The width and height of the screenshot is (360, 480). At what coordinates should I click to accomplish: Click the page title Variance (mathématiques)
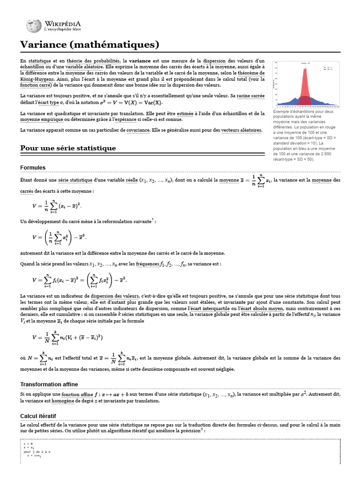pyautogui.click(x=90, y=45)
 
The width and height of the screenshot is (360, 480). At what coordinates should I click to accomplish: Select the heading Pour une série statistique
pyautogui.click(x=68, y=148)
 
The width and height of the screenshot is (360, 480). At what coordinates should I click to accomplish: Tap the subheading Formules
pyautogui.click(x=33, y=167)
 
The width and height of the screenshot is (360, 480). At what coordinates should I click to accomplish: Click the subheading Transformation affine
pyautogui.click(x=49, y=384)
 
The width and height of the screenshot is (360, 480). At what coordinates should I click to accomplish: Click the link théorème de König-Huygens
pyautogui.click(x=251, y=73)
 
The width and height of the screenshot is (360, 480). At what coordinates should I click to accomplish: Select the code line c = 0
pyautogui.click(x=28, y=443)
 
